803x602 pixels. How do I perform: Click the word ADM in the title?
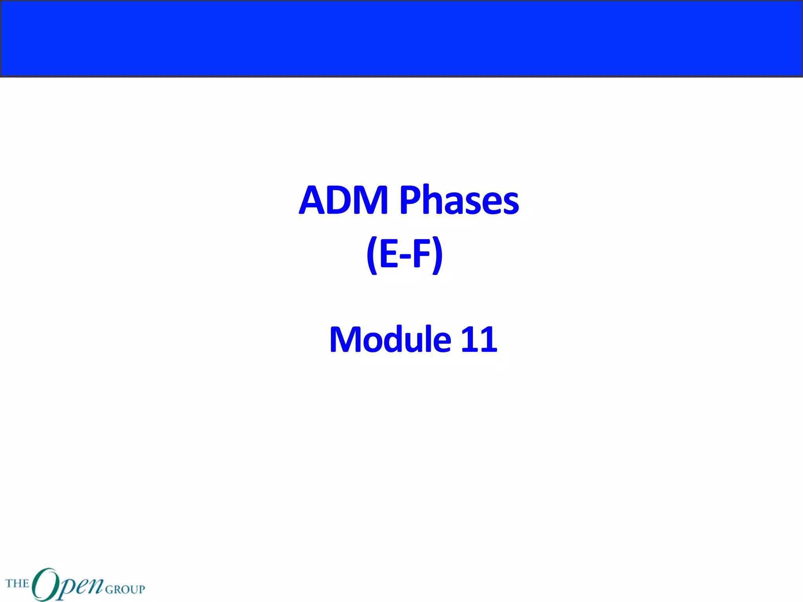[x=343, y=200]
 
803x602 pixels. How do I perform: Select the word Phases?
[x=459, y=200]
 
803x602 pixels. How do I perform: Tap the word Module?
[x=390, y=339]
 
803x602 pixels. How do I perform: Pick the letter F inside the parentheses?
[x=422, y=254]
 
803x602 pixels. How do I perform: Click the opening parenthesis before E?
[x=372, y=255]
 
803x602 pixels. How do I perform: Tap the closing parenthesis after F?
[x=438, y=255]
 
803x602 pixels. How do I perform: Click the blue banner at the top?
[x=401, y=38]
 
